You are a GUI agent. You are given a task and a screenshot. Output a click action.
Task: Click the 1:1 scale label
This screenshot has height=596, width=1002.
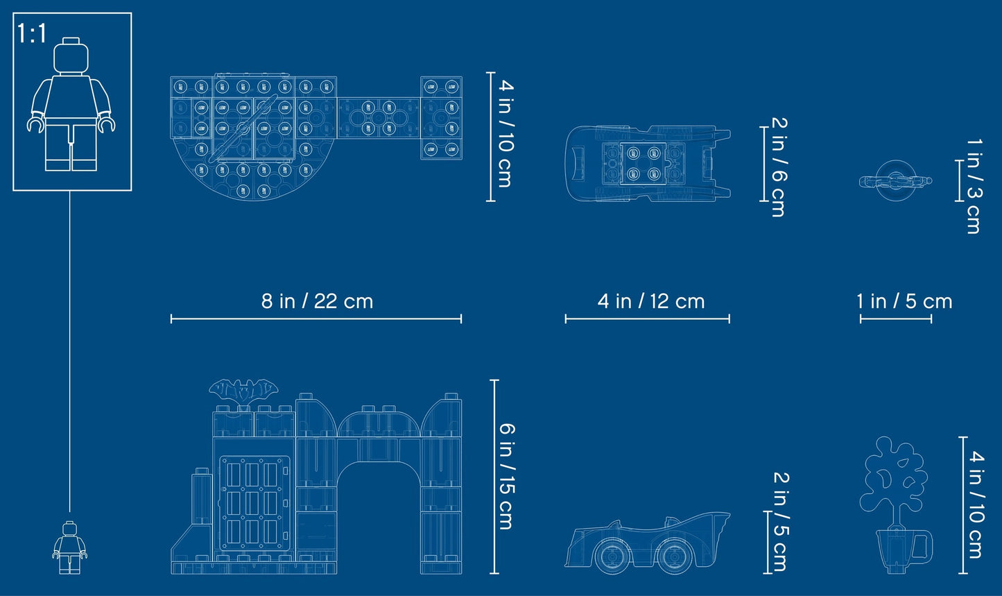32,33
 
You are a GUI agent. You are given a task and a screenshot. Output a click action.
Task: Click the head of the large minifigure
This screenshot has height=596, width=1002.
71,56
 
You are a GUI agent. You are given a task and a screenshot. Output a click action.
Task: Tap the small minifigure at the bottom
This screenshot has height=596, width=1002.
70,547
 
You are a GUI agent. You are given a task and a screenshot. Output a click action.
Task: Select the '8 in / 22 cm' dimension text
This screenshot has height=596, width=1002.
317,301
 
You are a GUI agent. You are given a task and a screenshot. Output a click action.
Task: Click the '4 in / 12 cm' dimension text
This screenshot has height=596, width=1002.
651,301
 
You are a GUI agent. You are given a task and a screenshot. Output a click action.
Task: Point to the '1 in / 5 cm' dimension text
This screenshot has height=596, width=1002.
904,301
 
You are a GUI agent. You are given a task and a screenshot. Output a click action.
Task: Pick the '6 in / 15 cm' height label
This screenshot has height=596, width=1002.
506,477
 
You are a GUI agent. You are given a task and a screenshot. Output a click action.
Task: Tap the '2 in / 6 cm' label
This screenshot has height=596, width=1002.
779,167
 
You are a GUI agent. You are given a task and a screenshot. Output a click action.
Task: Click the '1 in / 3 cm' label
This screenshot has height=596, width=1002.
974,186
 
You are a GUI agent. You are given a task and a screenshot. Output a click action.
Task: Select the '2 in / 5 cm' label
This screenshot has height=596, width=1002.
781,522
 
